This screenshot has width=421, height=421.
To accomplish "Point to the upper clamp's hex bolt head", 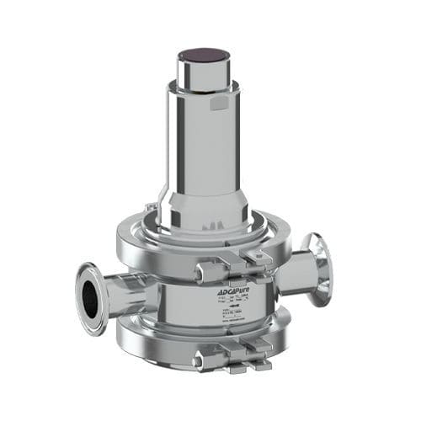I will (205, 270).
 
